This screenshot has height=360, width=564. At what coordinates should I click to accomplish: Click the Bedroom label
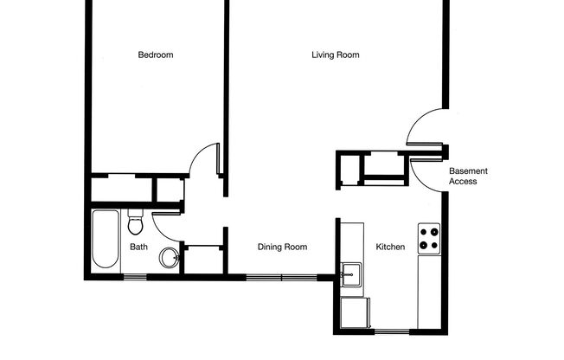click(156, 55)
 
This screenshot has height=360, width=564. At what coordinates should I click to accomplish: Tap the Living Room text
click(336, 55)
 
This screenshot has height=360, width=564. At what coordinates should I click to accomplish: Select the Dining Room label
click(283, 247)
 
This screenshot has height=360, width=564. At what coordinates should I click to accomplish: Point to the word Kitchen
click(390, 247)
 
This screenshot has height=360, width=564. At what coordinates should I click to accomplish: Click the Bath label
click(138, 247)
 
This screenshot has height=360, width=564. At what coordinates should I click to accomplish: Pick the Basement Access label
click(463, 176)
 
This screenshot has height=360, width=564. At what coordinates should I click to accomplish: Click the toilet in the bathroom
click(135, 223)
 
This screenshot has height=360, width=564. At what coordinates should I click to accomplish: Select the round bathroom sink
click(170, 257)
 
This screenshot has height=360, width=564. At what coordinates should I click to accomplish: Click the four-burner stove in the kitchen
click(429, 238)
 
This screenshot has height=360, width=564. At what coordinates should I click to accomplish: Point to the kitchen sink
click(351, 275)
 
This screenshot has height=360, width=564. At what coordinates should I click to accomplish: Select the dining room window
click(282, 278)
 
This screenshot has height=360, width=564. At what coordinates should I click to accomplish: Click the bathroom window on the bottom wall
click(134, 277)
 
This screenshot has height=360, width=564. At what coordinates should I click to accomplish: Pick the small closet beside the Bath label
click(204, 259)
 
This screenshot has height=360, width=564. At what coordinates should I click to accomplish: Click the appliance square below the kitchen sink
click(353, 312)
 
